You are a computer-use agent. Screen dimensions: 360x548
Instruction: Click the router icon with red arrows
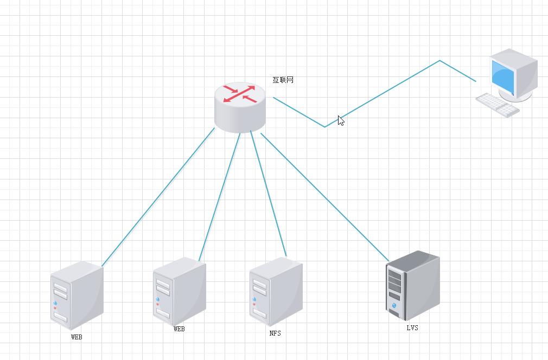[240, 108]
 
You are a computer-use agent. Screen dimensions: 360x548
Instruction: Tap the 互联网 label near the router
[283, 80]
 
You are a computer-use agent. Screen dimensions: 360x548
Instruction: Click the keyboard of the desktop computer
[497, 104]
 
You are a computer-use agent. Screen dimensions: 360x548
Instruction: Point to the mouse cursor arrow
[340, 120]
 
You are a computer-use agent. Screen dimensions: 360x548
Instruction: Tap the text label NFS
[275, 333]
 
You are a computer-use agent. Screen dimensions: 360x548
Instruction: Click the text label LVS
[412, 327]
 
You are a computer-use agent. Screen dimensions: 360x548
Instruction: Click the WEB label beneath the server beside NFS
[179, 329]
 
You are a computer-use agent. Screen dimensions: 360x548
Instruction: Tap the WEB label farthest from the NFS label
[77, 337]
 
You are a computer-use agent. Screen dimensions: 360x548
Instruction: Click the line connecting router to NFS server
[268, 194]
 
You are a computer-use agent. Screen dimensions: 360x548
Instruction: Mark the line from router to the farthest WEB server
[157, 198]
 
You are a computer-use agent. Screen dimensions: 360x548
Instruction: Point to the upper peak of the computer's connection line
[439, 61]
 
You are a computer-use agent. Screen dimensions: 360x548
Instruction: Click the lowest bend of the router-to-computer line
[325, 127]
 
